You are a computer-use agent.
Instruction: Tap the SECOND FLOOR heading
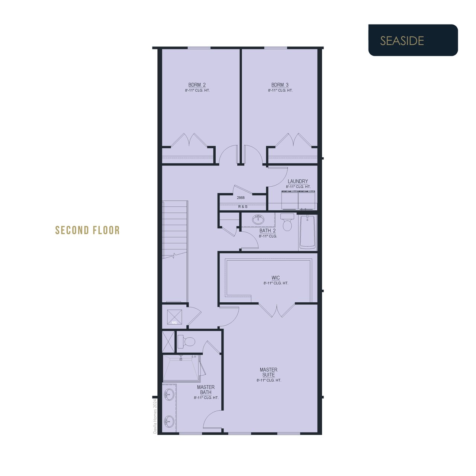point(87,230)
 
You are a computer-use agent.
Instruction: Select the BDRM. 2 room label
point(197,85)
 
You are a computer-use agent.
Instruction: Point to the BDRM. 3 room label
point(280,85)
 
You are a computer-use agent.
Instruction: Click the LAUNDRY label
point(297,181)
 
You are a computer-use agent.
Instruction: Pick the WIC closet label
point(276,278)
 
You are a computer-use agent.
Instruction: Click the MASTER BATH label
point(206,390)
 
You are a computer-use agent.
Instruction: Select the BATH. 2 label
point(267,231)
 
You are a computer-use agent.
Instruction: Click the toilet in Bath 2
point(287,222)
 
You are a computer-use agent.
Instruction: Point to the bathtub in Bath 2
point(308,232)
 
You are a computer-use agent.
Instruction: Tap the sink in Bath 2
point(258,219)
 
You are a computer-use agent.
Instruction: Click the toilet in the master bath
point(186,342)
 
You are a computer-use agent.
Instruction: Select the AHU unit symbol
point(175,317)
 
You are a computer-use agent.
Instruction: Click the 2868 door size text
point(241,197)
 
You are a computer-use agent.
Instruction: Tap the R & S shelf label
point(242,206)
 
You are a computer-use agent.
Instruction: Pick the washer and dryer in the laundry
point(298,200)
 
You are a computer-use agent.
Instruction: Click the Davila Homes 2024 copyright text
point(155,416)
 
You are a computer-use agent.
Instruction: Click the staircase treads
point(175,230)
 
